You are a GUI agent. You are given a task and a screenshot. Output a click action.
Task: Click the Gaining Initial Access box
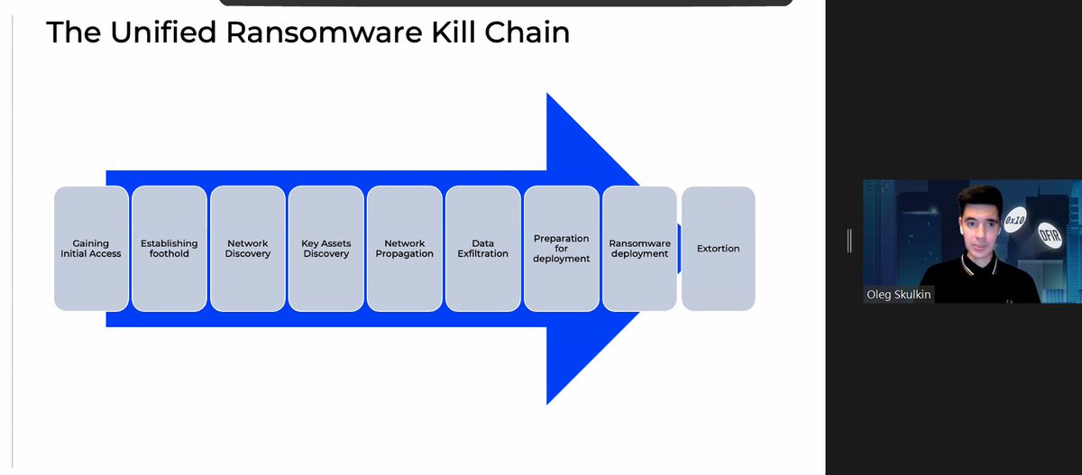click(91, 249)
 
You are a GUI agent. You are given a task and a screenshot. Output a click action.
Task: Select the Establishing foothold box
click(170, 249)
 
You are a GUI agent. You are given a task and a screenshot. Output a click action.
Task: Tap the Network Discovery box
click(248, 249)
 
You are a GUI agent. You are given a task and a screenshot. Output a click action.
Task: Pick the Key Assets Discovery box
click(326, 249)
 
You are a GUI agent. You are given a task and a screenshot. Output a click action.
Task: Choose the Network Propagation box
click(405, 249)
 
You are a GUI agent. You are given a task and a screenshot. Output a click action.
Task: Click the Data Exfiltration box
click(483, 249)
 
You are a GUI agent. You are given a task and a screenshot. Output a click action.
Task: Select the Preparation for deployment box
click(561, 249)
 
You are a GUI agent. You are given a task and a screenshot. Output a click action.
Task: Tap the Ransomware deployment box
click(639, 249)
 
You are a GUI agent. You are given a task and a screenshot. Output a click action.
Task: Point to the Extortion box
click(719, 249)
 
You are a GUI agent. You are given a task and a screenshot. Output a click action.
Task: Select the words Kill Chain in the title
click(500, 32)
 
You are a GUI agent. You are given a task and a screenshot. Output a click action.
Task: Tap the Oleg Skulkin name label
click(899, 295)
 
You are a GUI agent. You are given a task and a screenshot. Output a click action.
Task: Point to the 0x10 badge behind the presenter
click(1016, 218)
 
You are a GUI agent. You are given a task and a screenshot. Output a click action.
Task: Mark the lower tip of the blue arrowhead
click(549, 402)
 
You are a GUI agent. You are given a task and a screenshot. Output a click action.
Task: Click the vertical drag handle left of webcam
click(849, 241)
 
